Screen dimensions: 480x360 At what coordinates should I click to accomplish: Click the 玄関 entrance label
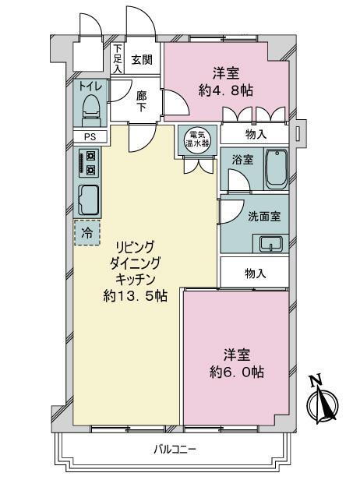[x=142, y=59]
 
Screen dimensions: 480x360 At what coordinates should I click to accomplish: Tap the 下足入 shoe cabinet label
[x=118, y=58]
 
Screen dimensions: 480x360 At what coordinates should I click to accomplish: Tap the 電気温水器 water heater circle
[x=196, y=139]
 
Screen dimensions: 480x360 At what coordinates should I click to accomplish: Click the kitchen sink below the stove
[x=88, y=202]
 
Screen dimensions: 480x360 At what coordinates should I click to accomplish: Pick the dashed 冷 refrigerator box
[x=87, y=232]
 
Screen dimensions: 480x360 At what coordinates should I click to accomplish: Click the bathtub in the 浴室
[x=277, y=168]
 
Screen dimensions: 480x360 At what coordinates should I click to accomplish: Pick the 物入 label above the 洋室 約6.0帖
[x=256, y=274]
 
